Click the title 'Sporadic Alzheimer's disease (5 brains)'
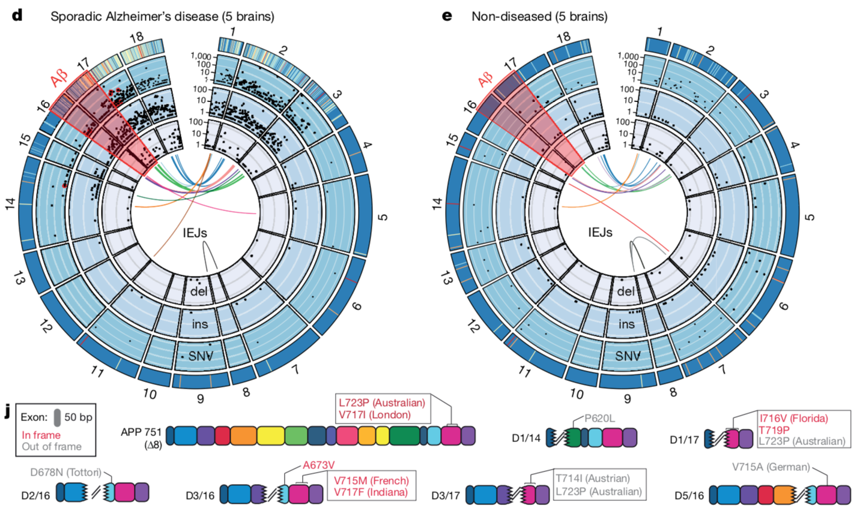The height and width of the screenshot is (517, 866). [x=162, y=16]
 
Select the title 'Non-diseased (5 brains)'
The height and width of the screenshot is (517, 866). [x=539, y=16]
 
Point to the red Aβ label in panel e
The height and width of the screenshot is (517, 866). [x=485, y=79]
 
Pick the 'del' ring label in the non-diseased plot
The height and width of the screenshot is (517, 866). [x=626, y=291]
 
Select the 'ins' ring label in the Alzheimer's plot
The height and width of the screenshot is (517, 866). [x=199, y=324]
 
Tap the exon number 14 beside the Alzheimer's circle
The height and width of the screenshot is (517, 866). [x=10, y=204]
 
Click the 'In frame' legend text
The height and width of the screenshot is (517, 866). [x=41, y=435]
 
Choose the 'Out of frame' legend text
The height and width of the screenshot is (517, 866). [x=52, y=446]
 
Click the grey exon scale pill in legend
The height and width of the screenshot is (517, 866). [x=56, y=417]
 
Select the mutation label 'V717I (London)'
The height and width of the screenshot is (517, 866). [x=375, y=414]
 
